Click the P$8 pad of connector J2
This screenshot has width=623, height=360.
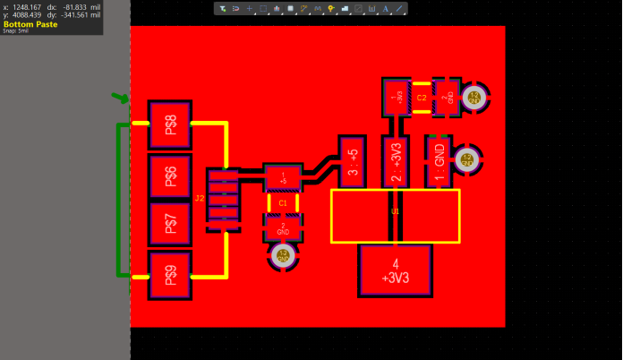click(170, 124)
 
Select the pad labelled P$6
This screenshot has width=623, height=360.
click(170, 176)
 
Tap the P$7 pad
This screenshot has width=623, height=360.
click(170, 224)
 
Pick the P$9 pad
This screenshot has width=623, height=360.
click(170, 275)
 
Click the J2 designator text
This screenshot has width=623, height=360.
click(200, 198)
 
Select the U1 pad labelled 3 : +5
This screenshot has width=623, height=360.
click(353, 161)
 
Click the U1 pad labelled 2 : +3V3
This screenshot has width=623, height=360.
click(396, 162)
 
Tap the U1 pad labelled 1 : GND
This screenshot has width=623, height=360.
click(439, 162)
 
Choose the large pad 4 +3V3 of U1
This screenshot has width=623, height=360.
click(396, 270)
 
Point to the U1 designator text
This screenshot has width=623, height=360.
click(395, 211)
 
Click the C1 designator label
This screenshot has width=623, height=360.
click(284, 203)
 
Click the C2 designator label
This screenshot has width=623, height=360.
click(422, 97)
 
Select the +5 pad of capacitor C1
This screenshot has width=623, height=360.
click(284, 177)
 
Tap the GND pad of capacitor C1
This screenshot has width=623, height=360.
click(283, 228)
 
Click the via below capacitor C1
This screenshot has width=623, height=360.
click(284, 257)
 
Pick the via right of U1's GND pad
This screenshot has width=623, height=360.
click(466, 161)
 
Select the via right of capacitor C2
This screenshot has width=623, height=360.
click(475, 97)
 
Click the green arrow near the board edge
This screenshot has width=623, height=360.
click(120, 98)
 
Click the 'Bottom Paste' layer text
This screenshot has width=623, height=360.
click(30, 24)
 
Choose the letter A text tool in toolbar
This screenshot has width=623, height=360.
click(386, 8)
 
